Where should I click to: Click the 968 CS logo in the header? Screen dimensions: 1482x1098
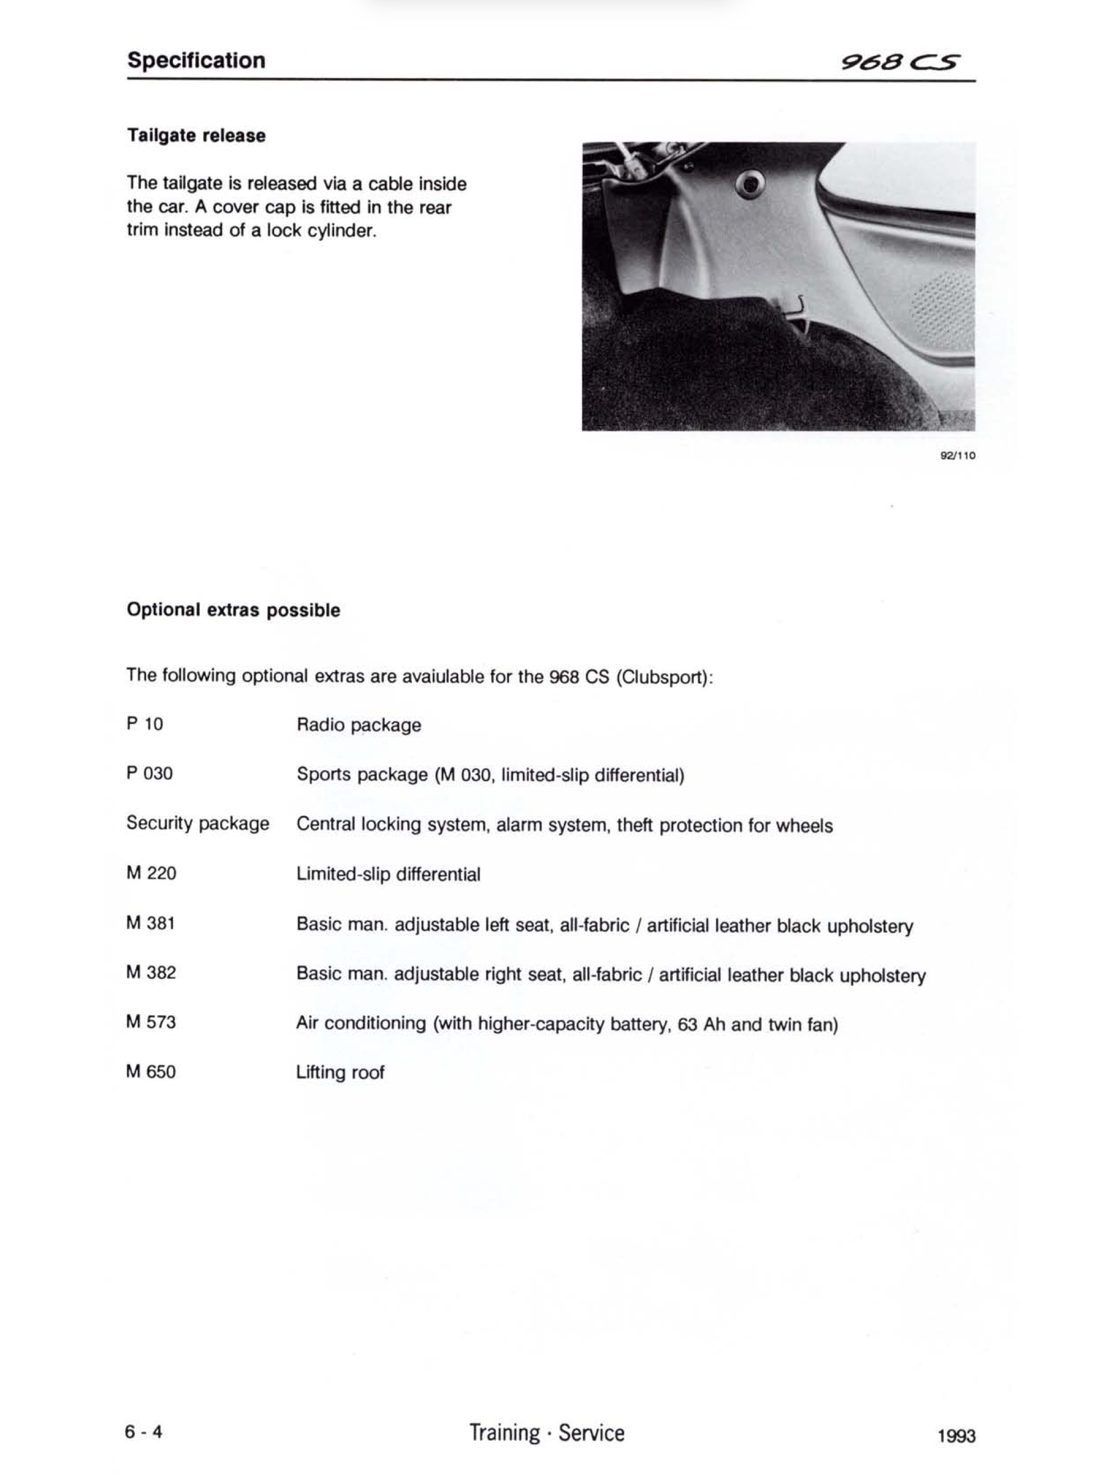[900, 63]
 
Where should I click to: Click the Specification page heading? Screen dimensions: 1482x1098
[196, 60]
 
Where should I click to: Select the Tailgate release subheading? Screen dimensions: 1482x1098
[196, 135]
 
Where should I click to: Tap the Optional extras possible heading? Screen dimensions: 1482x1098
[233, 610]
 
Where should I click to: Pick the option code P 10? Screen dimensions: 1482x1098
[144, 724]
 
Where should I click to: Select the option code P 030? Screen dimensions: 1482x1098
[149, 773]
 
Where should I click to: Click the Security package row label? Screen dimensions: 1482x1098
[198, 824]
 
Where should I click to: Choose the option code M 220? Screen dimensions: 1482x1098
[151, 872]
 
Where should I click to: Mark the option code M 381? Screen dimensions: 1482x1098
[150, 923]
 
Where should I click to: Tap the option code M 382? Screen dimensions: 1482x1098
[151, 972]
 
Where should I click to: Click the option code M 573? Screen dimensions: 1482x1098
[151, 1022]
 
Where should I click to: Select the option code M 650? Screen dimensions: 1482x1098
[151, 1071]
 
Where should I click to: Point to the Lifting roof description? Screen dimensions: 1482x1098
[340, 1072]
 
